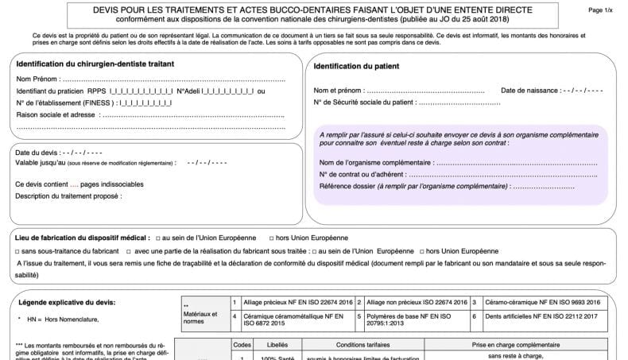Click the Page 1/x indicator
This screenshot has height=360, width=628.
pos(600,10)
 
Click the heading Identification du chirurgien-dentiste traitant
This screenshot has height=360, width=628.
pos(95,63)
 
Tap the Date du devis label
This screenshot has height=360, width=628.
pos(37,152)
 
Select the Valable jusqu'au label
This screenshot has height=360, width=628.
pos(41,163)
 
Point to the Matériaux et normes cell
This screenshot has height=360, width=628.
pos(200,317)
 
